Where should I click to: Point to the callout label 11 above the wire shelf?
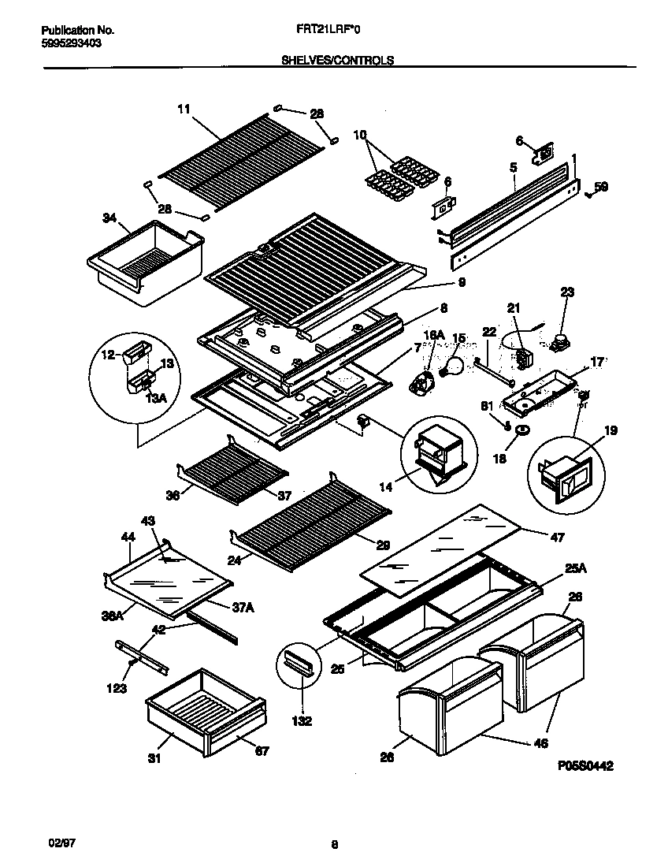coord(184,110)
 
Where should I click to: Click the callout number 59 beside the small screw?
coord(601,188)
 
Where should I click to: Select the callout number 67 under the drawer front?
coord(262,750)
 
